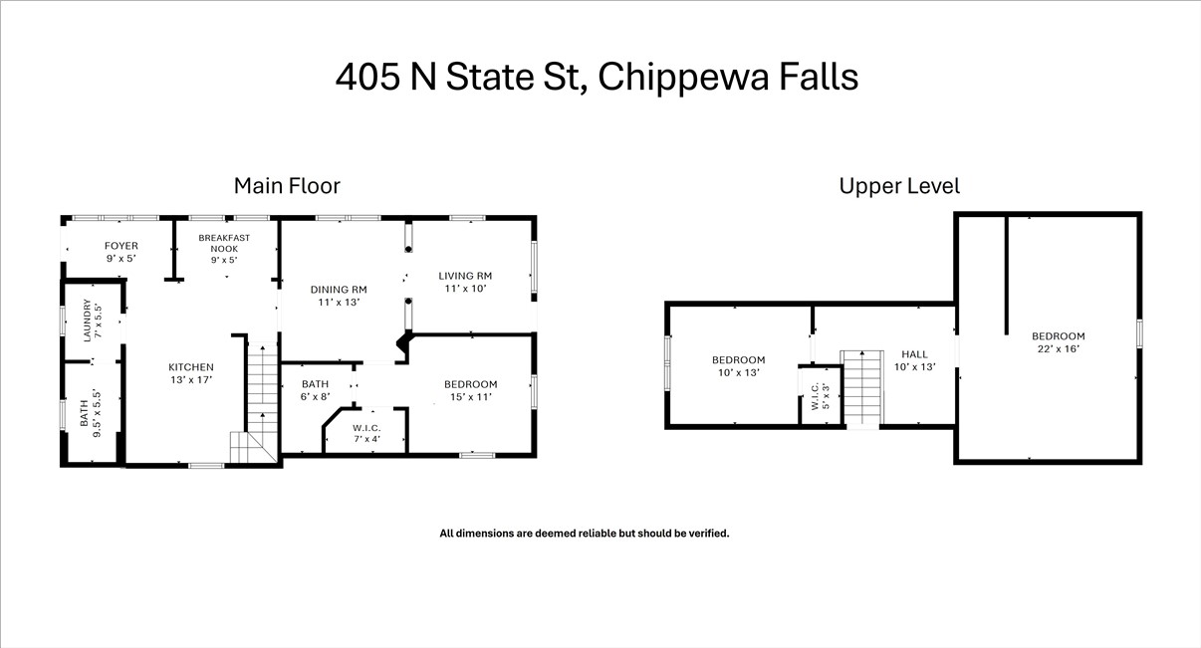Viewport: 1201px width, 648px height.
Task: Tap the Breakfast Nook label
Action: [x=224, y=249]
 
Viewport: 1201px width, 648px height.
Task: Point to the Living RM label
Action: [x=466, y=282]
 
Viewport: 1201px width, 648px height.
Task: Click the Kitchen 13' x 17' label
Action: [x=190, y=373]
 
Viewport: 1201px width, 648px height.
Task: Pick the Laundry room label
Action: [x=92, y=321]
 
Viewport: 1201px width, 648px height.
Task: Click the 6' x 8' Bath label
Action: [x=316, y=390]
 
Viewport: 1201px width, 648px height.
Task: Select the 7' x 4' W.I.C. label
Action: [x=366, y=433]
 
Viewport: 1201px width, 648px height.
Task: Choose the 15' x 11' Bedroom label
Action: [x=470, y=390]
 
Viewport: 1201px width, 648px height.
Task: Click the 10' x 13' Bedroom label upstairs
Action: [x=738, y=366]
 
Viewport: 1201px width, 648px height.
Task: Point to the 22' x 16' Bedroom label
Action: [x=1058, y=342]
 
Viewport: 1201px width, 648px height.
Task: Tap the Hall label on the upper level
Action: [x=914, y=360]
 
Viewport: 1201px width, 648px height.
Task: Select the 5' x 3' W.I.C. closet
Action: [x=821, y=396]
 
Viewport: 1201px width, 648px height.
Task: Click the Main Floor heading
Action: [x=287, y=186]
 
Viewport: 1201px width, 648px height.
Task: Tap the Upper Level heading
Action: [x=899, y=186]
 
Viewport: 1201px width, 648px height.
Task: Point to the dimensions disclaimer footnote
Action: [x=585, y=534]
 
